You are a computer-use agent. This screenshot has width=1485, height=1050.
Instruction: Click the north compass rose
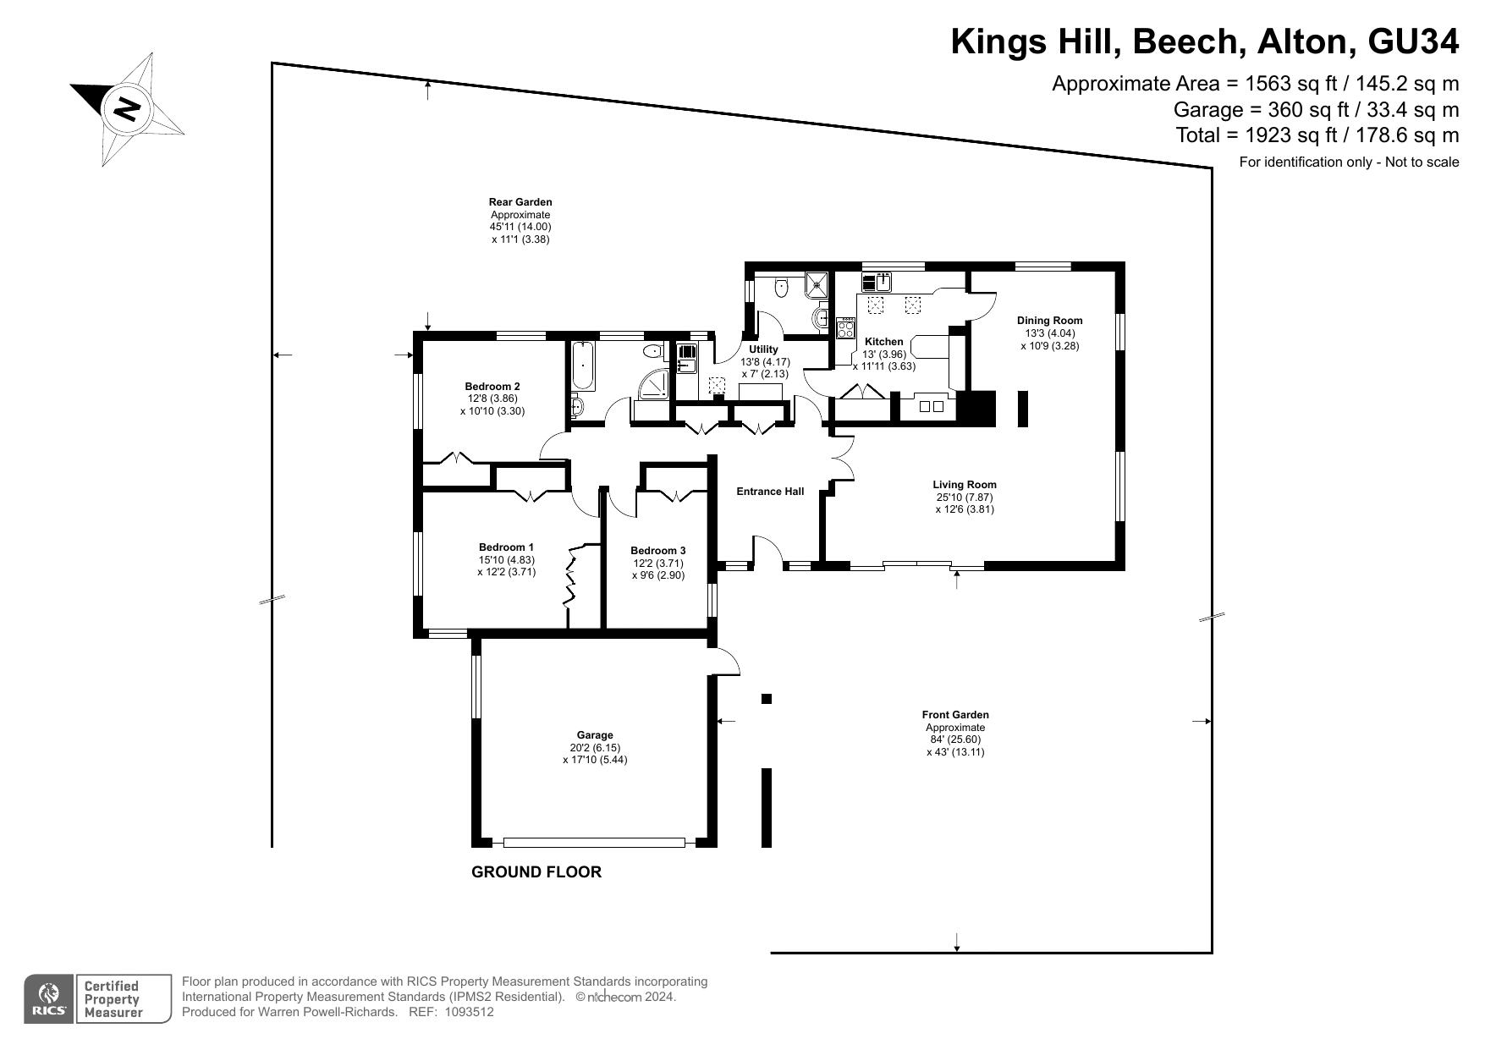point(127,109)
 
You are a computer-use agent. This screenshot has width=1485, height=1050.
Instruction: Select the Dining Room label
point(1049,321)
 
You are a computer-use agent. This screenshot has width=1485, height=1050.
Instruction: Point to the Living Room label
point(965,485)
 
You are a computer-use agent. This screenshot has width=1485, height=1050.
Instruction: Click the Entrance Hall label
point(770,492)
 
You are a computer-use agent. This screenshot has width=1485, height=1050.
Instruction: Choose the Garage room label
point(595,735)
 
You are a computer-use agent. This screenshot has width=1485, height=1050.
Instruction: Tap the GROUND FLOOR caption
point(536,871)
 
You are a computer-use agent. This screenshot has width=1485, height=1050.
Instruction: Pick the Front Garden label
point(955,715)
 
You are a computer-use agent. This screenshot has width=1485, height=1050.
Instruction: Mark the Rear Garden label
point(520,202)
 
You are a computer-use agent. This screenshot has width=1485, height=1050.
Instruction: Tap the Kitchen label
point(884,342)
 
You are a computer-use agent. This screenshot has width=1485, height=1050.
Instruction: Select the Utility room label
point(763,349)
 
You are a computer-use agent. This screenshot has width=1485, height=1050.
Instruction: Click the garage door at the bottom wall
point(594,843)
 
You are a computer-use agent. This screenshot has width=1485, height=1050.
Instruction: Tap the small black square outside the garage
point(767,699)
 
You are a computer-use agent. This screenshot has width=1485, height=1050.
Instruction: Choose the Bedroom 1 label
point(506,547)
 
